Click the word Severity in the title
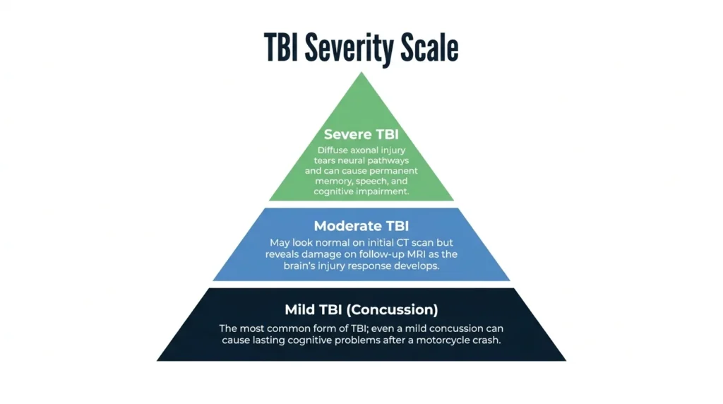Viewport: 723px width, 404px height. coord(350,48)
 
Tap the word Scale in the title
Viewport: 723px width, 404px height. coord(429,47)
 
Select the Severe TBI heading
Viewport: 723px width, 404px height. coord(361,134)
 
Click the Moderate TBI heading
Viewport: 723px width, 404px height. coord(361,226)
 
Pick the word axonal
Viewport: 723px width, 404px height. coord(365,150)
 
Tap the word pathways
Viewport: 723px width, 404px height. coord(389,160)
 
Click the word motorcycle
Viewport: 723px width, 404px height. coord(443,340)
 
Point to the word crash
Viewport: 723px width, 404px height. coord(486,340)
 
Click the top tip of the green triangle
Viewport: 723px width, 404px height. coord(361,72)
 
